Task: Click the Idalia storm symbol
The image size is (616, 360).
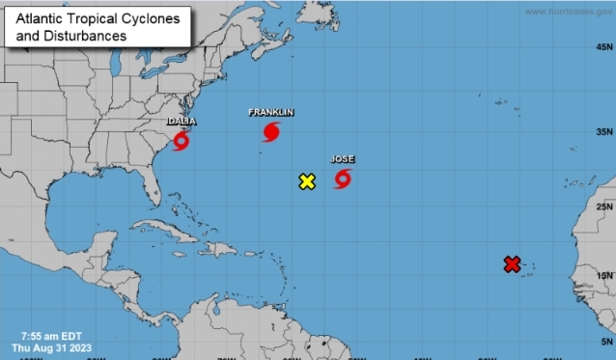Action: pyautogui.click(x=181, y=142)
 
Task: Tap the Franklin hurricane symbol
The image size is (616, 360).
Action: pyautogui.click(x=271, y=132)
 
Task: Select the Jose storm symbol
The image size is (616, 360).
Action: pyautogui.click(x=343, y=179)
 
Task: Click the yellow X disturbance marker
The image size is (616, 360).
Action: pyautogui.click(x=307, y=181)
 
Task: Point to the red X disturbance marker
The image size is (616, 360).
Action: pyautogui.click(x=512, y=263)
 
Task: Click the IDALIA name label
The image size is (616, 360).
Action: pyautogui.click(x=182, y=122)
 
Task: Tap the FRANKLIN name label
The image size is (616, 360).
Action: pyautogui.click(x=270, y=112)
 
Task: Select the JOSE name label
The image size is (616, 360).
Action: pyautogui.click(x=343, y=158)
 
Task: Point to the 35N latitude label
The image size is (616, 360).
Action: pyautogui.click(x=604, y=131)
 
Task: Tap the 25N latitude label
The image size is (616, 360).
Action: pyautogui.click(x=604, y=207)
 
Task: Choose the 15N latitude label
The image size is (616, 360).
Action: pyautogui.click(x=604, y=276)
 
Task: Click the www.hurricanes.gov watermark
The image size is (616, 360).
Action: pyautogui.click(x=568, y=12)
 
